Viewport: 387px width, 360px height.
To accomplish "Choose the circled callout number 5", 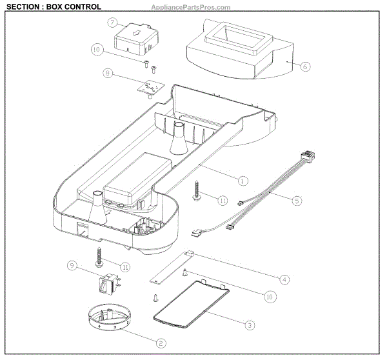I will [x=296, y=201].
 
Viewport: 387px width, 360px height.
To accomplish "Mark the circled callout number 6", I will [x=306, y=65].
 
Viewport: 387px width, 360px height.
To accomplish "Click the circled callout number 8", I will [x=107, y=75].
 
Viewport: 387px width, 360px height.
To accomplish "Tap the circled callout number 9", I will [x=72, y=265].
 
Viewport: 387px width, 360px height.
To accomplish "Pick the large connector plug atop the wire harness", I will [x=307, y=157].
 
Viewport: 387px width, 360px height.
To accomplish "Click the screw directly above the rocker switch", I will [x=101, y=256].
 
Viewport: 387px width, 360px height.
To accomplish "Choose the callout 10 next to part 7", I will [x=97, y=50].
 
